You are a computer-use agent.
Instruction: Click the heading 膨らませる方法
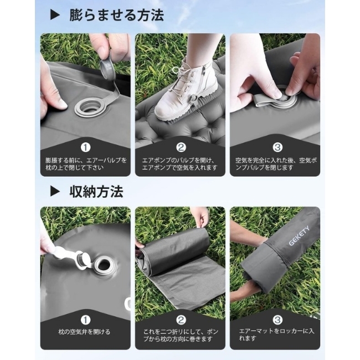117,16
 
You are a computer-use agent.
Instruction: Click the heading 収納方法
96,192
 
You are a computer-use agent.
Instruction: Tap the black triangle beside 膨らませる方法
55,16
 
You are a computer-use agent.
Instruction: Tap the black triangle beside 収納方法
55,192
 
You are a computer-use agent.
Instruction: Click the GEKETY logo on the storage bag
299,235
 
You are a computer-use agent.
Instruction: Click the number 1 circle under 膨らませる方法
85,147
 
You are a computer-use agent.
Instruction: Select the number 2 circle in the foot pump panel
181,147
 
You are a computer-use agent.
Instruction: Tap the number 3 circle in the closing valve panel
277,147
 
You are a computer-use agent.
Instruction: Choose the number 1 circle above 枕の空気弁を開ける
85,320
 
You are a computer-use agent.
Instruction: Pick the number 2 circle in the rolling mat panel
181,320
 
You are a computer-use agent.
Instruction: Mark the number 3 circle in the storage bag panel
277,320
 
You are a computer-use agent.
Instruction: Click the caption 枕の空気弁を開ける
84,332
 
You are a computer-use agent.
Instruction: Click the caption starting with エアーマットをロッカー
276,335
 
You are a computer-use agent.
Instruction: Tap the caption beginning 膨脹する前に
86,164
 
